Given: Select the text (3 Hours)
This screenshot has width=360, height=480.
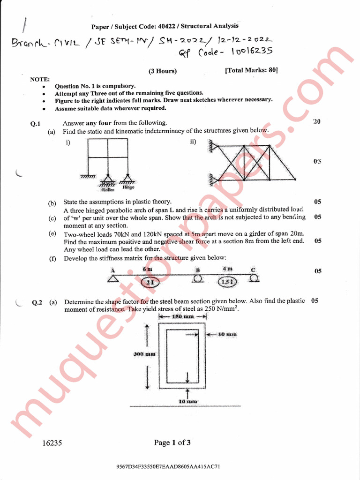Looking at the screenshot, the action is (163, 71).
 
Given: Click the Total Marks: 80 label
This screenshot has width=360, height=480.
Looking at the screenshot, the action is (251, 70).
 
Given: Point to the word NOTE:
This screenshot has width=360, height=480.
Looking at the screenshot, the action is (40, 80).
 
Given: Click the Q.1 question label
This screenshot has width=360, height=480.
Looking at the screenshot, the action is (36, 124).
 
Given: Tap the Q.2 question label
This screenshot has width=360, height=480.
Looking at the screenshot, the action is (37, 302).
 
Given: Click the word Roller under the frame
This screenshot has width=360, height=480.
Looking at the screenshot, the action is (108, 190).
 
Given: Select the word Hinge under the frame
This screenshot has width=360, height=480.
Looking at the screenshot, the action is (128, 187).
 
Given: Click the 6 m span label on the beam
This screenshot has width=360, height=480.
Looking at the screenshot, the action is (147, 269).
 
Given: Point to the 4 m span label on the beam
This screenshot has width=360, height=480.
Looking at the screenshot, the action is (227, 269).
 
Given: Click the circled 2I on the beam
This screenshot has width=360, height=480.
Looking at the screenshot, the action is (150, 282).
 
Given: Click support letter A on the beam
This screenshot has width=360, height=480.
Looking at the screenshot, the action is (112, 270).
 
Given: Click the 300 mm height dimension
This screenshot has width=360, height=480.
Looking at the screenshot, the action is (145, 354).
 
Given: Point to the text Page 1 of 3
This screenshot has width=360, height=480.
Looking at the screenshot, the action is (172, 442).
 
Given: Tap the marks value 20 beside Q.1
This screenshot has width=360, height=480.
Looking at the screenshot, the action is (317, 122).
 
